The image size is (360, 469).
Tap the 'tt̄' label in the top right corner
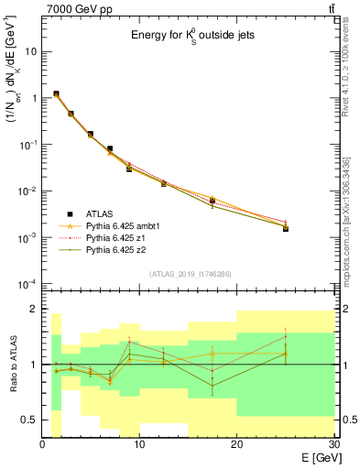pos(330,9)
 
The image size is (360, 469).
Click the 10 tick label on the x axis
pos(139,444)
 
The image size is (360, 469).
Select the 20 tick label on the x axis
pos(236,444)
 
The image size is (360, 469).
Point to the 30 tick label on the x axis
pos(332,444)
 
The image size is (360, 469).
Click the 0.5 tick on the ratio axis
pos(29,420)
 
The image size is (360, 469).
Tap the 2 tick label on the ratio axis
pos(34,309)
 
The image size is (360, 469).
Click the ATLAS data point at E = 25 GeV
pos(285,228)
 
